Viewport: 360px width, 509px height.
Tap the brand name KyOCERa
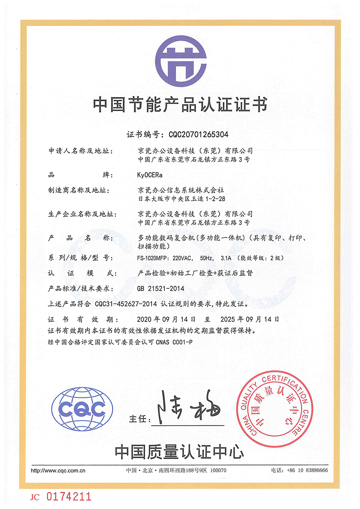click(150, 175)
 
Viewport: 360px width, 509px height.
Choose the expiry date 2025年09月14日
click(250, 319)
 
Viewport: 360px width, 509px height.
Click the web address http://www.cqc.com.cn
click(58, 470)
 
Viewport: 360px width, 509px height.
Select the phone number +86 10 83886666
click(307, 470)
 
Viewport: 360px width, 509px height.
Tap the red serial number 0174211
click(69, 497)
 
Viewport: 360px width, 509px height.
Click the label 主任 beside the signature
click(137, 419)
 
